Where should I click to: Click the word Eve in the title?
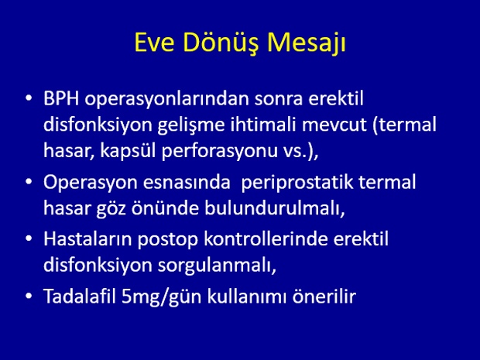(x=154, y=43)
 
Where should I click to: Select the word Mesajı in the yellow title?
(x=307, y=43)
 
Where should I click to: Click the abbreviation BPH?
(x=61, y=98)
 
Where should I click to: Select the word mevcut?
(x=334, y=125)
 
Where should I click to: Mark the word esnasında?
(x=187, y=183)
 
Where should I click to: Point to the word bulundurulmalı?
(x=275, y=208)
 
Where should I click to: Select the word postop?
(x=168, y=240)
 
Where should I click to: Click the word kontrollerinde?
(x=266, y=238)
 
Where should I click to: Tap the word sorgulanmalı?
(x=217, y=266)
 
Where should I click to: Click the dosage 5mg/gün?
(x=161, y=297)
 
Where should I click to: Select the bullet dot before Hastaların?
(x=29, y=238)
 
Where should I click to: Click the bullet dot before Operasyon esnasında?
(x=29, y=182)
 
